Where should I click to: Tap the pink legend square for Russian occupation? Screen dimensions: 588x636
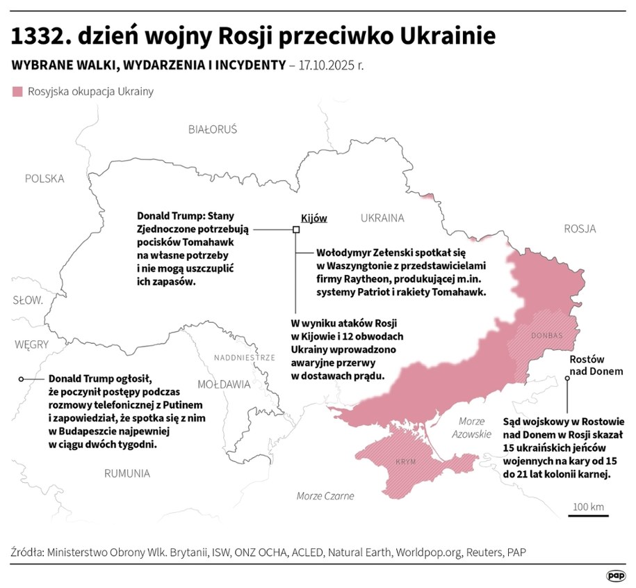point(18,91)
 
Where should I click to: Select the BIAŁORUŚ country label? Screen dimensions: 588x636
point(213,129)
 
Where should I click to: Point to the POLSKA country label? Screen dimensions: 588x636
point(44,178)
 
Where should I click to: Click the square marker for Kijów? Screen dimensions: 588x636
point(296,229)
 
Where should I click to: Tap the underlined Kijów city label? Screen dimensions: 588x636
point(313,218)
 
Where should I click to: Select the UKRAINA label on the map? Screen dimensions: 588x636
point(382,218)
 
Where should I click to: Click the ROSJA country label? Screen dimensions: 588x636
point(580,229)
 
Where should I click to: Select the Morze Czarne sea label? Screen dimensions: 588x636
point(325,496)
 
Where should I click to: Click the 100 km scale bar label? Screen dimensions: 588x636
point(588,506)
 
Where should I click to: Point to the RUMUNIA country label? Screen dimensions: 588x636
point(127,473)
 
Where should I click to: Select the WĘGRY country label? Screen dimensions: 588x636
point(31,344)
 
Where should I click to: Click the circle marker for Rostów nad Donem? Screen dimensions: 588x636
point(567,379)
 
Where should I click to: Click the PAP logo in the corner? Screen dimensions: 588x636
point(615,575)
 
